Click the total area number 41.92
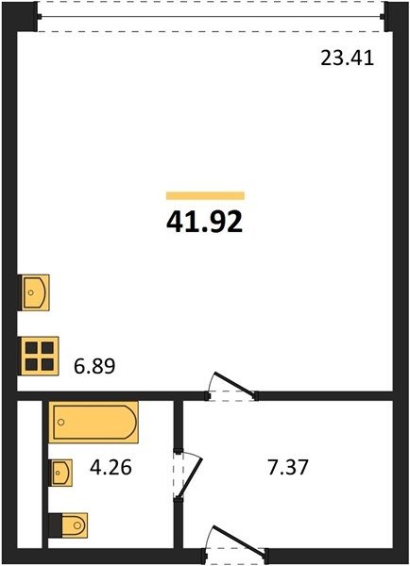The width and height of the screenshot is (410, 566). coord(204,222)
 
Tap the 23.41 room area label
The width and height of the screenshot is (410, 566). coord(347,58)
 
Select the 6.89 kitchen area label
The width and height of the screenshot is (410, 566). coord(94,366)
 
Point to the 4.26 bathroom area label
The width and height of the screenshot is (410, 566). coord(111,468)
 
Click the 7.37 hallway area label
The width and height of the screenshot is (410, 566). coord(288,468)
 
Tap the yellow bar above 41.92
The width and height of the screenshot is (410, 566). coord(205,195)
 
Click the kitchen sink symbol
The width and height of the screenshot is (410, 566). coord(34,292)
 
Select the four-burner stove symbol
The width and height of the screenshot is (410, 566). coord(39,356)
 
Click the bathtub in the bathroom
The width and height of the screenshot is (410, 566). coord(94,422)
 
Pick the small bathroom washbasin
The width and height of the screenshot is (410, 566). coord(61,473)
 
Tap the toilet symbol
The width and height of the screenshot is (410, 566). coord(68,524)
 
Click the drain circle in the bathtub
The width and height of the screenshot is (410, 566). coord(61,422)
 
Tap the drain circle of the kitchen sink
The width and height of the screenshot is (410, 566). coord(31,292)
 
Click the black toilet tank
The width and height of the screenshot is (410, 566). coord(56,525)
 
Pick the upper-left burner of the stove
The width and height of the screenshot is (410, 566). coord(31,348)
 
